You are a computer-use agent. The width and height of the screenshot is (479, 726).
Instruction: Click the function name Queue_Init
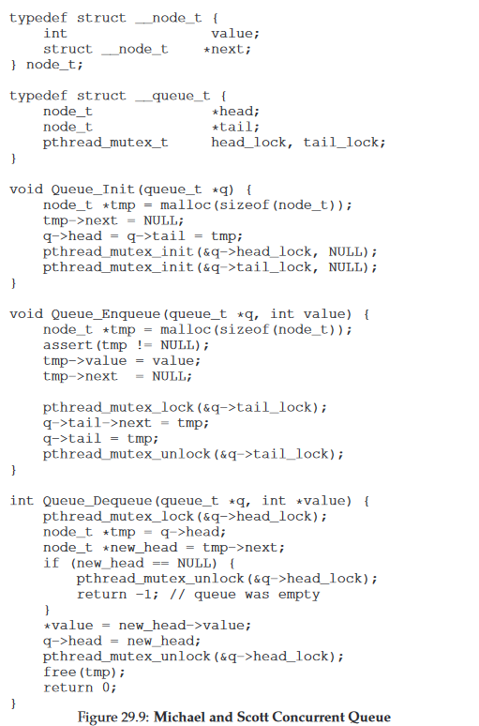(x=93, y=189)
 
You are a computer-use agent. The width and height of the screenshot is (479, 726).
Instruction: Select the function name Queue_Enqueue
(x=106, y=314)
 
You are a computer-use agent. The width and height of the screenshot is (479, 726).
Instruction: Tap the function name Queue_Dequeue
(x=97, y=501)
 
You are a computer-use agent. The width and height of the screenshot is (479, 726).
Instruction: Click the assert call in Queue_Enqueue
(x=126, y=345)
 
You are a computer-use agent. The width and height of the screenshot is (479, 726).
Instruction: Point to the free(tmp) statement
(x=84, y=673)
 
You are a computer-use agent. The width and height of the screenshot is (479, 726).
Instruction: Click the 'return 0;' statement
(x=80, y=688)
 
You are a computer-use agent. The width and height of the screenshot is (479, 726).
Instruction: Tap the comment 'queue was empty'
(x=257, y=595)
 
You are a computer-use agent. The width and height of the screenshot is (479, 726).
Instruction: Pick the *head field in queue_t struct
(x=235, y=111)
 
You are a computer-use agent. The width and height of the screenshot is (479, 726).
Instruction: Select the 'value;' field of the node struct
(x=235, y=34)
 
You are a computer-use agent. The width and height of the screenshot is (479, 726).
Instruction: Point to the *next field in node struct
(x=227, y=49)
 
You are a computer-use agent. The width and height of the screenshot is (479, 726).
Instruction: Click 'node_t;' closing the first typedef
(x=54, y=65)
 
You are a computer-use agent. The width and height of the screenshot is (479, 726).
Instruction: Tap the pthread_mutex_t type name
(x=106, y=143)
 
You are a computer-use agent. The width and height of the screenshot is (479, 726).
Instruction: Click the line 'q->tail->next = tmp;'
(x=126, y=423)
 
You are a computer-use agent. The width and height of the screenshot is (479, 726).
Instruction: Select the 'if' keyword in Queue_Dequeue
(x=52, y=563)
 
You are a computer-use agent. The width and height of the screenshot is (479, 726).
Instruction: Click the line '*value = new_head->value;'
(x=147, y=626)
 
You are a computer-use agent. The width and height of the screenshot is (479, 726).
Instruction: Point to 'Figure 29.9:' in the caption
(x=113, y=718)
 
